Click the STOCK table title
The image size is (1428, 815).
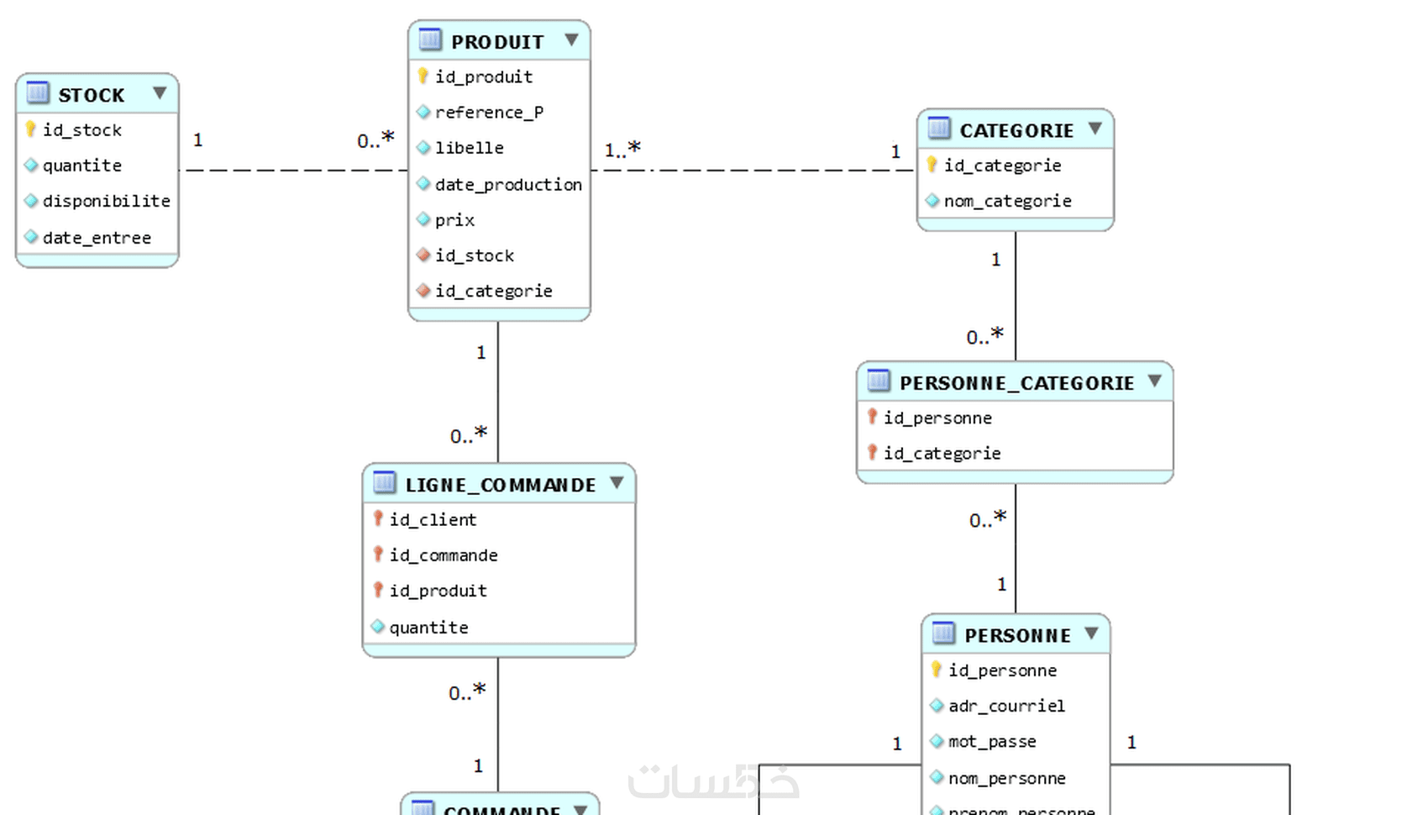point(91,95)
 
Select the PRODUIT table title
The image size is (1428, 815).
point(497,42)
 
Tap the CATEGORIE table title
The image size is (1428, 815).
point(1016,130)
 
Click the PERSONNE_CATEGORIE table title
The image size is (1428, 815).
point(1016,383)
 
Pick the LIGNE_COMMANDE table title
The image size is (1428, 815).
point(501,485)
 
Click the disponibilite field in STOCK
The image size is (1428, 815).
point(106,201)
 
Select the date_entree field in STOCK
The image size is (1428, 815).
point(97,238)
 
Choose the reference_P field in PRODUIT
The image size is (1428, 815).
point(489,113)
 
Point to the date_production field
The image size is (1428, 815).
point(508,184)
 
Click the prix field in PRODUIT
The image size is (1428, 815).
point(454,220)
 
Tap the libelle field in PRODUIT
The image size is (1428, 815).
point(469,148)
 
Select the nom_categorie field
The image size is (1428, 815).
point(1007,201)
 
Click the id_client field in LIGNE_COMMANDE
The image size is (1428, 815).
point(433,520)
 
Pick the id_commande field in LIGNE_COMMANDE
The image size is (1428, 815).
point(443,555)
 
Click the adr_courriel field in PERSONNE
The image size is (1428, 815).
point(1006,706)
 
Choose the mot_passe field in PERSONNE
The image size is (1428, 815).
point(992,742)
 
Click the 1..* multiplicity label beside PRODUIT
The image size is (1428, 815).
point(622,150)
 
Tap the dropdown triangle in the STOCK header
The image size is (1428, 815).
point(160,92)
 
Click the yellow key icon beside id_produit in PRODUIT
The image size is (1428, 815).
point(423,76)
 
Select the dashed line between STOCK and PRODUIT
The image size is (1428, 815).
point(294,170)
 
